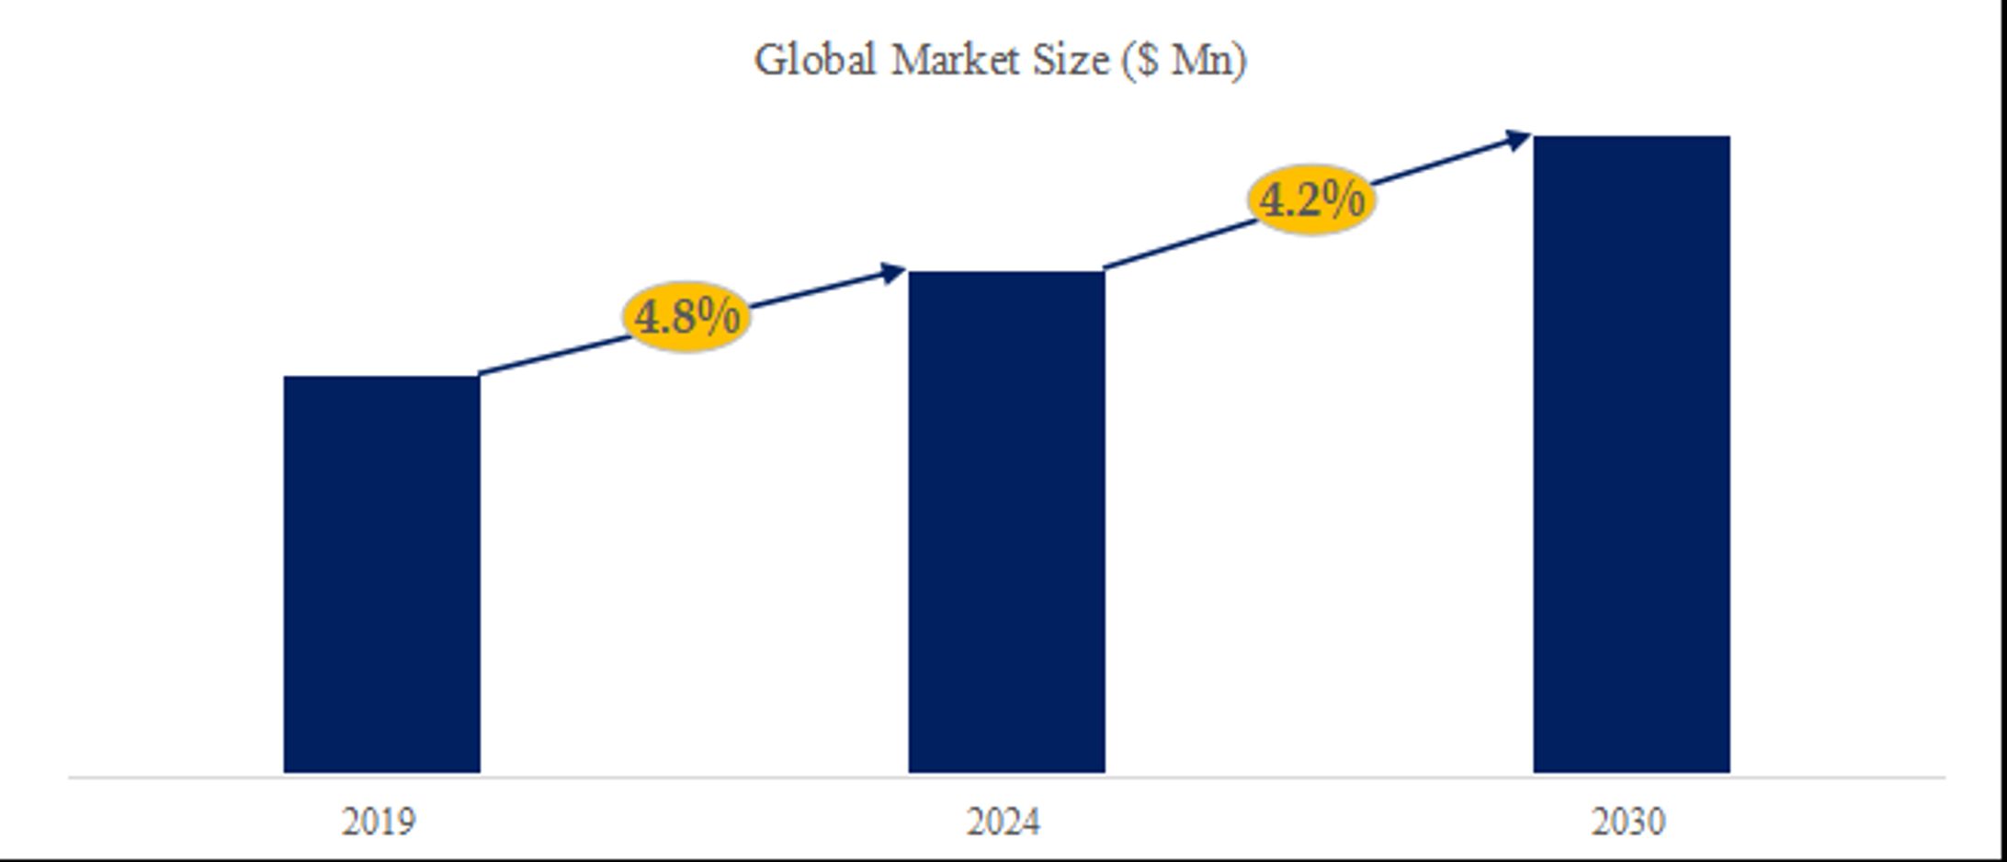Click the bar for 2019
381,574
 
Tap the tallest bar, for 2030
1631,454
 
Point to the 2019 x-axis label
379,822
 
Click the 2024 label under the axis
1003,822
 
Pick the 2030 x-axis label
1627,822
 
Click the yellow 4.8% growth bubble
686,317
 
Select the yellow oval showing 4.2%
1311,199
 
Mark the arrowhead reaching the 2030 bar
1517,140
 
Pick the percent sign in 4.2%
1343,199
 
